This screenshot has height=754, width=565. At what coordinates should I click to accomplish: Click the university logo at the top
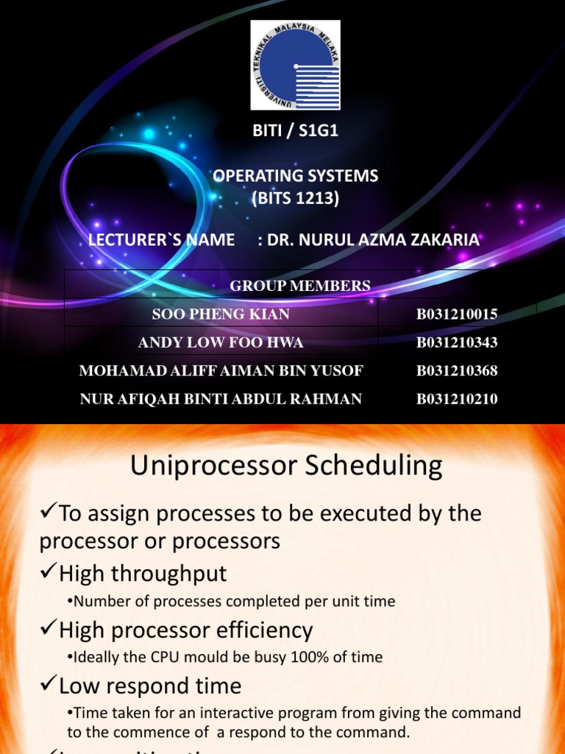[295, 65]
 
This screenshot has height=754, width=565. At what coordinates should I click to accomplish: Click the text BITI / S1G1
[294, 132]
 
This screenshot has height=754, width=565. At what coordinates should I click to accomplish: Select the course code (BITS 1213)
[295, 199]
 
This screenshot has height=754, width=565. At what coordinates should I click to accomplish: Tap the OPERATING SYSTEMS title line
[295, 176]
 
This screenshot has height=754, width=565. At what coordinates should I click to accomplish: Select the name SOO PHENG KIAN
[221, 314]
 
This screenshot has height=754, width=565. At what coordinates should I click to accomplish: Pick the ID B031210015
[457, 314]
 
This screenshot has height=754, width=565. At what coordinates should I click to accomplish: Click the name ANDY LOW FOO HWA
[221, 342]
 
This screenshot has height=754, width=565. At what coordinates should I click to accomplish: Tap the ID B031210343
[457, 342]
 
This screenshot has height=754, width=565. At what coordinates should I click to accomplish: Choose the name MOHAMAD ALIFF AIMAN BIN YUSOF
[221, 370]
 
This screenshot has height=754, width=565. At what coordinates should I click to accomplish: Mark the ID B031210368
[457, 370]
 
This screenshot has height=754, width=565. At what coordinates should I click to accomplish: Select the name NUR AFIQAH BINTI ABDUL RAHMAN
[221, 399]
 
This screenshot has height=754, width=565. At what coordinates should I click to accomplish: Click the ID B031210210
[457, 399]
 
